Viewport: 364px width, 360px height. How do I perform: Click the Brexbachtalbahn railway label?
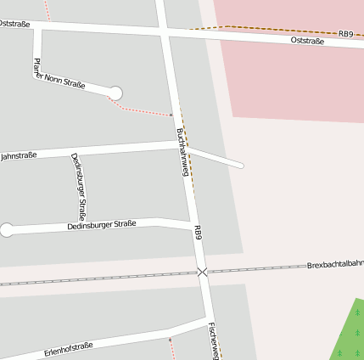tap(335, 264)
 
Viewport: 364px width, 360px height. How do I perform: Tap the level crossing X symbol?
tap(202, 272)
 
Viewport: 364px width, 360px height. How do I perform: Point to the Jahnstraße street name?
tap(18, 156)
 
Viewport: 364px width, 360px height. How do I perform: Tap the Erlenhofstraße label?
tap(69, 347)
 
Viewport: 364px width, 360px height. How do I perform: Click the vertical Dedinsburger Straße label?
tap(77, 186)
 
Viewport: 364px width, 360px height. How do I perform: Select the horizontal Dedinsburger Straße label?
tap(102, 226)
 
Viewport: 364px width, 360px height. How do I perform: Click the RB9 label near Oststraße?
tap(345, 34)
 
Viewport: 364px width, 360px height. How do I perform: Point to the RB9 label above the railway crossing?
tap(198, 232)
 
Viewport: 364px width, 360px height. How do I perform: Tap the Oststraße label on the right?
tap(307, 40)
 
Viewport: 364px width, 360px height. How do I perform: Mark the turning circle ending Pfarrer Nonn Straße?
tap(115, 93)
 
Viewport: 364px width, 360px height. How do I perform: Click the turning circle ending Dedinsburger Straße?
tap(7, 230)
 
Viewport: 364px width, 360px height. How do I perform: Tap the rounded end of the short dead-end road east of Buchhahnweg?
tap(240, 165)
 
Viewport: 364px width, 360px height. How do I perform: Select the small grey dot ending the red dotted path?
tap(171, 114)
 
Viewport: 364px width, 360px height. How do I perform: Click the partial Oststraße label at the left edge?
tap(14, 24)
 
